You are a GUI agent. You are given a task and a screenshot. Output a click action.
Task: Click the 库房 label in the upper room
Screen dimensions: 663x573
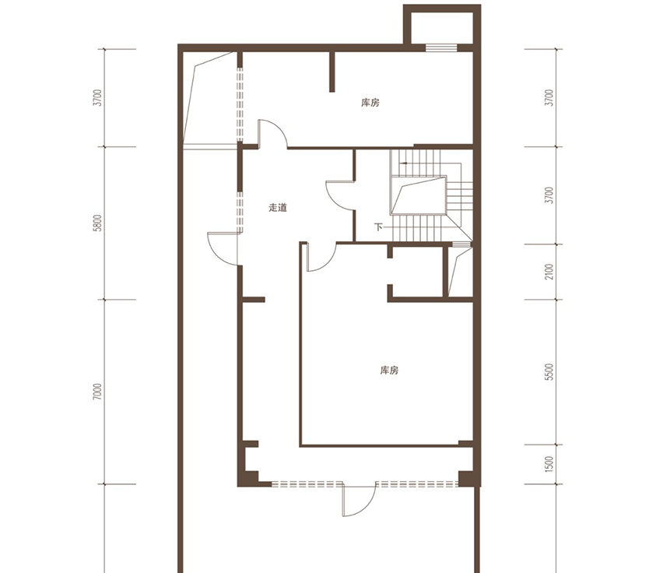(x=370, y=103)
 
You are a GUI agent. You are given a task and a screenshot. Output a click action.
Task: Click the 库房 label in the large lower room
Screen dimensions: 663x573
(x=389, y=371)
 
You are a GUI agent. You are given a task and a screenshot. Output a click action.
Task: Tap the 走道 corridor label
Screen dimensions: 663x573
(x=278, y=208)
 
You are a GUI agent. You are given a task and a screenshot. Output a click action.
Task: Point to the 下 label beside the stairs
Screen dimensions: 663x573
(x=378, y=227)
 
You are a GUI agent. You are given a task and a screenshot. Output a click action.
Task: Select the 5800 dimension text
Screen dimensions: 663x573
(x=98, y=223)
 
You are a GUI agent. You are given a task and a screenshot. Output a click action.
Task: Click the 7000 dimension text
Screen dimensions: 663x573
(x=98, y=392)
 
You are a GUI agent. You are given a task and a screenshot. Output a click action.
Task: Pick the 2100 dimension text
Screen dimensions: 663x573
(x=549, y=272)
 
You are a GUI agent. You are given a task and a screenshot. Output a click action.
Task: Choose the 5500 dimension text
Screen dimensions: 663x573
(x=549, y=371)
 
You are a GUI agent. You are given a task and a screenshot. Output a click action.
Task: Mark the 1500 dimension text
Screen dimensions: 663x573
(x=549, y=464)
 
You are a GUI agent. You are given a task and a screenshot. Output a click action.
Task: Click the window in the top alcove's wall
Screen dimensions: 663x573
(x=441, y=47)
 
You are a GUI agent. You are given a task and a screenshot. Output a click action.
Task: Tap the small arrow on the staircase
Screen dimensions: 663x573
(x=404, y=163)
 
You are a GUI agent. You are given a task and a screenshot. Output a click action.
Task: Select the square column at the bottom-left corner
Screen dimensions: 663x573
(x=249, y=478)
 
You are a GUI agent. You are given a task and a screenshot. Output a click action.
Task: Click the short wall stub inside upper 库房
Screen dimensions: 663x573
(x=332, y=72)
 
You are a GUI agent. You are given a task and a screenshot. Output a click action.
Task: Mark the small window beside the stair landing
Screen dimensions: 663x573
(x=461, y=244)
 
